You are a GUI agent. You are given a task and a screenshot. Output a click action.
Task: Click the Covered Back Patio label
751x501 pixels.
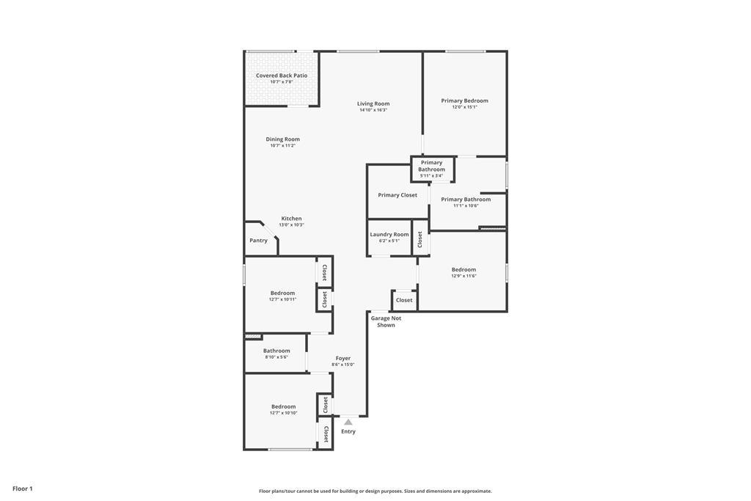pos(282,76)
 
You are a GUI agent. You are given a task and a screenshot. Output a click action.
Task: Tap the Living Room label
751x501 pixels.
pos(373,104)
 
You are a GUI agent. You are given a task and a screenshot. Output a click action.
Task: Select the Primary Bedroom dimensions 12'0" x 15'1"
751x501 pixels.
pos(464,108)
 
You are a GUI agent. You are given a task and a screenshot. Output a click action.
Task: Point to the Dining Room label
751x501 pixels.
pos(282,139)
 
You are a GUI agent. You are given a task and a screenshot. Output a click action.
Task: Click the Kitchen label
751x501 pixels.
pos(291,219)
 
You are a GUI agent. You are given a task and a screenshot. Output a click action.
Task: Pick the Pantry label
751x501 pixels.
pos(258,241)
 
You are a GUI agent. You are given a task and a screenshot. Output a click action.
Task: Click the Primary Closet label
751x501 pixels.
pos(398,195)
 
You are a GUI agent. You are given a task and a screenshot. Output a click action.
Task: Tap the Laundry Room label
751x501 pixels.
pos(389,235)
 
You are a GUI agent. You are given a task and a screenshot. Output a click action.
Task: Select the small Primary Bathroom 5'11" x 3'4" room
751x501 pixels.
pos(432,169)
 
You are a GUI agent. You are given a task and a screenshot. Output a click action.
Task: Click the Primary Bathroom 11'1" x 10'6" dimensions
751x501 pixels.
pos(466,206)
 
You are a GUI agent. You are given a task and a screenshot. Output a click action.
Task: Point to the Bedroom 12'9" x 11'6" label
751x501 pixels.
pos(464,270)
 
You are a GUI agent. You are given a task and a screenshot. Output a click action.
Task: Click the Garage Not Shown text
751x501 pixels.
pos(386,321)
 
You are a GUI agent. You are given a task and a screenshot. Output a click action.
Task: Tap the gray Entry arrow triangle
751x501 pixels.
pos(348,422)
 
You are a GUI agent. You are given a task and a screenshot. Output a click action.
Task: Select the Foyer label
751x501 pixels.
pos(343,359)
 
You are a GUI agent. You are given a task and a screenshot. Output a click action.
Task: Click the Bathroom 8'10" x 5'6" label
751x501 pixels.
pos(276,351)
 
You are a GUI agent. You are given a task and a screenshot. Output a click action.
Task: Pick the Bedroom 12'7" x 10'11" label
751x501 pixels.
pos(282,293)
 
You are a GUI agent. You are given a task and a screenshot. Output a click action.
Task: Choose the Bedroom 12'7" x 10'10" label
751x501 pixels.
pos(283,406)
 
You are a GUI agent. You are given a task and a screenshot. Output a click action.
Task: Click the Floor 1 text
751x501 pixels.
pos(23,489)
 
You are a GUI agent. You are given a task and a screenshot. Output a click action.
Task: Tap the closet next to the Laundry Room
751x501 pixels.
pos(420,238)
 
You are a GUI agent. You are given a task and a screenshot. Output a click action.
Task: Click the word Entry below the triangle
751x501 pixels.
pos(348,431)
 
